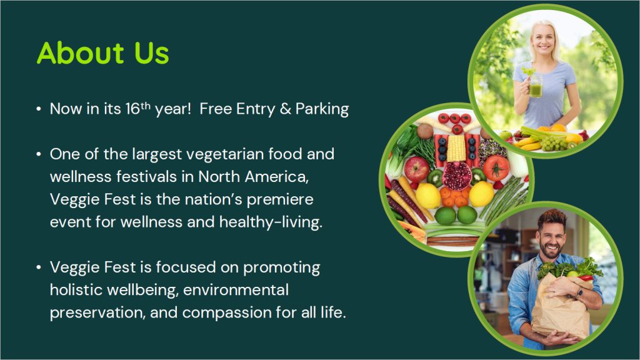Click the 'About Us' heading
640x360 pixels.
click(103, 52)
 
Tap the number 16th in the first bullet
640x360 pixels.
click(138, 108)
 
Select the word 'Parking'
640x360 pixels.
click(322, 109)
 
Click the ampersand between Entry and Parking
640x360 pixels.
click(285, 109)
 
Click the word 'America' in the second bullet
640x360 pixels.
click(276, 177)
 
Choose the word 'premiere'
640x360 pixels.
click(280, 200)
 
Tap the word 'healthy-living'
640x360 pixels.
click(271, 222)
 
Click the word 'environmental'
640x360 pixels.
click(236, 290)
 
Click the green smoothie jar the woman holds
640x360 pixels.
click(535, 85)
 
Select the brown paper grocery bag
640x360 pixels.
click(562, 306)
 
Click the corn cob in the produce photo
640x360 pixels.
click(456, 147)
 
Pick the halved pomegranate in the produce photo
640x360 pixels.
click(457, 176)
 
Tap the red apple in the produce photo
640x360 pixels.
click(416, 169)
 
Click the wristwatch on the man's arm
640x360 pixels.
click(579, 292)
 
